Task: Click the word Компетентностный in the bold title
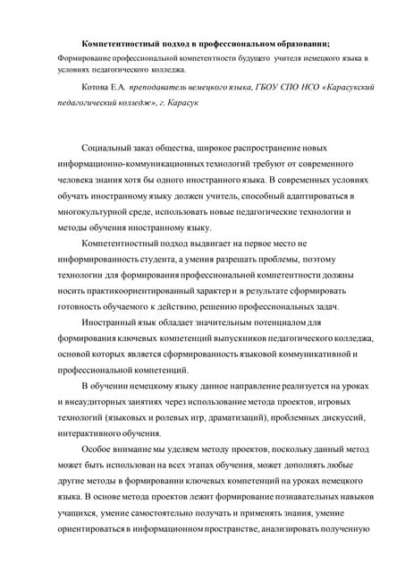[x=116, y=43]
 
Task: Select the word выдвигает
[x=218, y=245]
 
